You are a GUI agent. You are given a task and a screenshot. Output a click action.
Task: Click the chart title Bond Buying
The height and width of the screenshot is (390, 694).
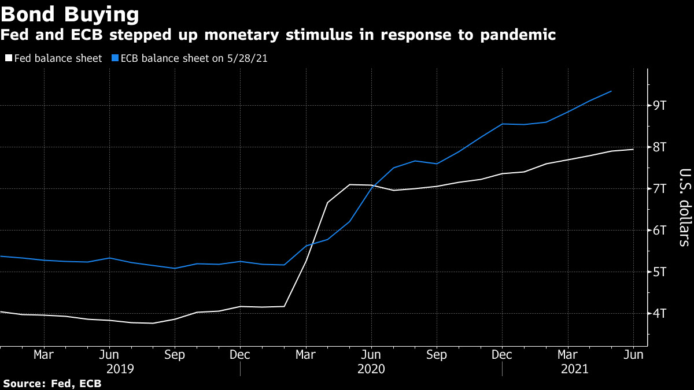[70, 14]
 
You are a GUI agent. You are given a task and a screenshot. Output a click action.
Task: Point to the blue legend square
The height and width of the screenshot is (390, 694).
[115, 58]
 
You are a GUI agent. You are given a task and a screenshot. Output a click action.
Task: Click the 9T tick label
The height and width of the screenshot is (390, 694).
[660, 106]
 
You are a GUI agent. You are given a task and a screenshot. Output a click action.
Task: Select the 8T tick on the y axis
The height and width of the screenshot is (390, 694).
[660, 147]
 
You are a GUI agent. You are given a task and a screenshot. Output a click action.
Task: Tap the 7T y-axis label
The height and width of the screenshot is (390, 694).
[660, 189]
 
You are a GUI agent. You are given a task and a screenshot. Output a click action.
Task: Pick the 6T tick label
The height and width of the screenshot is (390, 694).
[660, 231]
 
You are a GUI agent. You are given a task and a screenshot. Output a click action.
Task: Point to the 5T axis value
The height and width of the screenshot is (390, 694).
[660, 272]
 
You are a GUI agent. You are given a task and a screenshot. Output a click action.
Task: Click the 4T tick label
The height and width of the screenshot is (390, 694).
[660, 314]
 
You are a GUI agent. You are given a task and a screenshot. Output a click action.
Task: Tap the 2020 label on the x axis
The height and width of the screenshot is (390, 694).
[371, 369]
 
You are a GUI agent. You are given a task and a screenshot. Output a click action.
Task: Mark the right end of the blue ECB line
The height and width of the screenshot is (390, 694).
[611, 91]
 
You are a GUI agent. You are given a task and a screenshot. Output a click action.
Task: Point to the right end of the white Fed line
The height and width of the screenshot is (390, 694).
[633, 150]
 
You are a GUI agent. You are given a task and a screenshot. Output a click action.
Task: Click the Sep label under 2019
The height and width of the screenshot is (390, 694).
[175, 355]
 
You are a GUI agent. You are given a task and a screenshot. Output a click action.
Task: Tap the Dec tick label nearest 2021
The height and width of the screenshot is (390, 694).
[502, 355]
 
